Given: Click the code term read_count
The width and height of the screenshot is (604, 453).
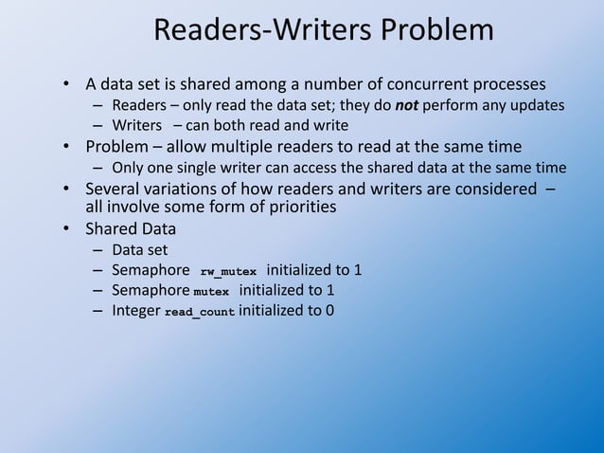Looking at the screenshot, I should pyautogui.click(x=200, y=311).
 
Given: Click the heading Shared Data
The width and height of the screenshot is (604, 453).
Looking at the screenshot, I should pyautogui.click(x=129, y=228).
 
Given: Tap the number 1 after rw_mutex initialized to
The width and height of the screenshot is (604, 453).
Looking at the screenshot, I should pyautogui.click(x=358, y=270).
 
